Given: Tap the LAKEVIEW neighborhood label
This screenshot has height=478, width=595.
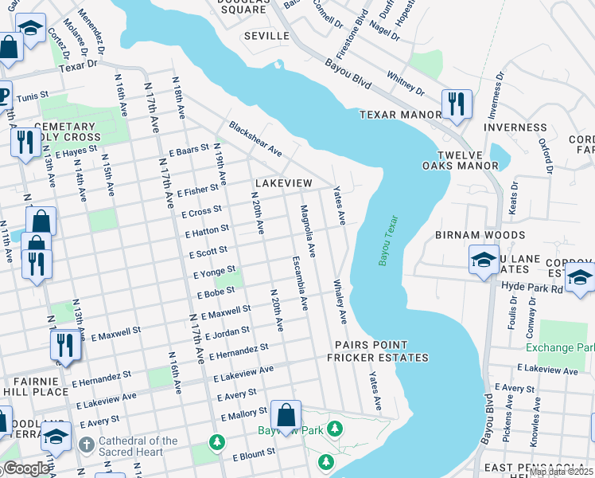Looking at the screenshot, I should (x=283, y=183).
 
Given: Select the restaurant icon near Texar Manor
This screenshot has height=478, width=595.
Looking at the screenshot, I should (x=457, y=104).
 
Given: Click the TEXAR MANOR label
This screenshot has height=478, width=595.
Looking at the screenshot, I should (x=400, y=115).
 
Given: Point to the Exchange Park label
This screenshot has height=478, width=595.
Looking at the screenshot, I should (x=560, y=348).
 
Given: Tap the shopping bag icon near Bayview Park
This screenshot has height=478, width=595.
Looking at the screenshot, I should (x=286, y=415).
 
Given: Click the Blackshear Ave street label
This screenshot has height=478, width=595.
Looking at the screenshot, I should (x=255, y=139).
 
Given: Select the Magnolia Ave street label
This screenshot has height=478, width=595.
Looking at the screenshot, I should (x=307, y=232).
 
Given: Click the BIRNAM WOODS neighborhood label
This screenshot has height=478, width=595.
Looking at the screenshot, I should (x=480, y=236).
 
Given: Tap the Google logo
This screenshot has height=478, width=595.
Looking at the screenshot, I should (x=26, y=469).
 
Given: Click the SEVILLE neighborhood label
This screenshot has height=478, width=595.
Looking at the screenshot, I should (x=266, y=37).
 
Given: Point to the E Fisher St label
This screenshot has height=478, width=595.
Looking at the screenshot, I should (x=198, y=191).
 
